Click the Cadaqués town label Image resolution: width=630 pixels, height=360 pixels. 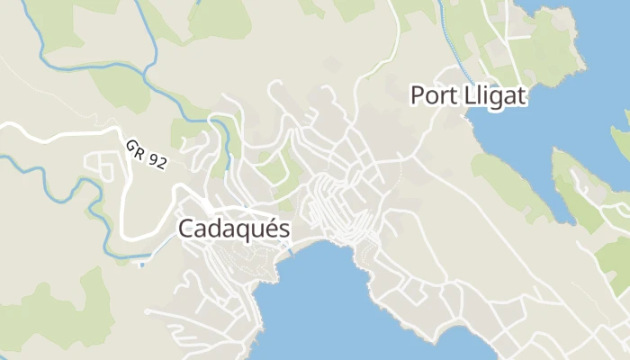click(234, 229)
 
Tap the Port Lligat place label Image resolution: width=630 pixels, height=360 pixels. click(467, 94)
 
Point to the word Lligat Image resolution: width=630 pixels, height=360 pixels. click(490, 94)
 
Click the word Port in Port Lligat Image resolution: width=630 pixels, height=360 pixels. click(429, 94)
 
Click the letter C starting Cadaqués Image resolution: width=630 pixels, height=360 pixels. click(186, 229)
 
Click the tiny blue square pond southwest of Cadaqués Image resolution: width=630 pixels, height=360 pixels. click(141, 265)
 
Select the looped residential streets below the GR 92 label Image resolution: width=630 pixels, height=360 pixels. click(103, 166)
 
